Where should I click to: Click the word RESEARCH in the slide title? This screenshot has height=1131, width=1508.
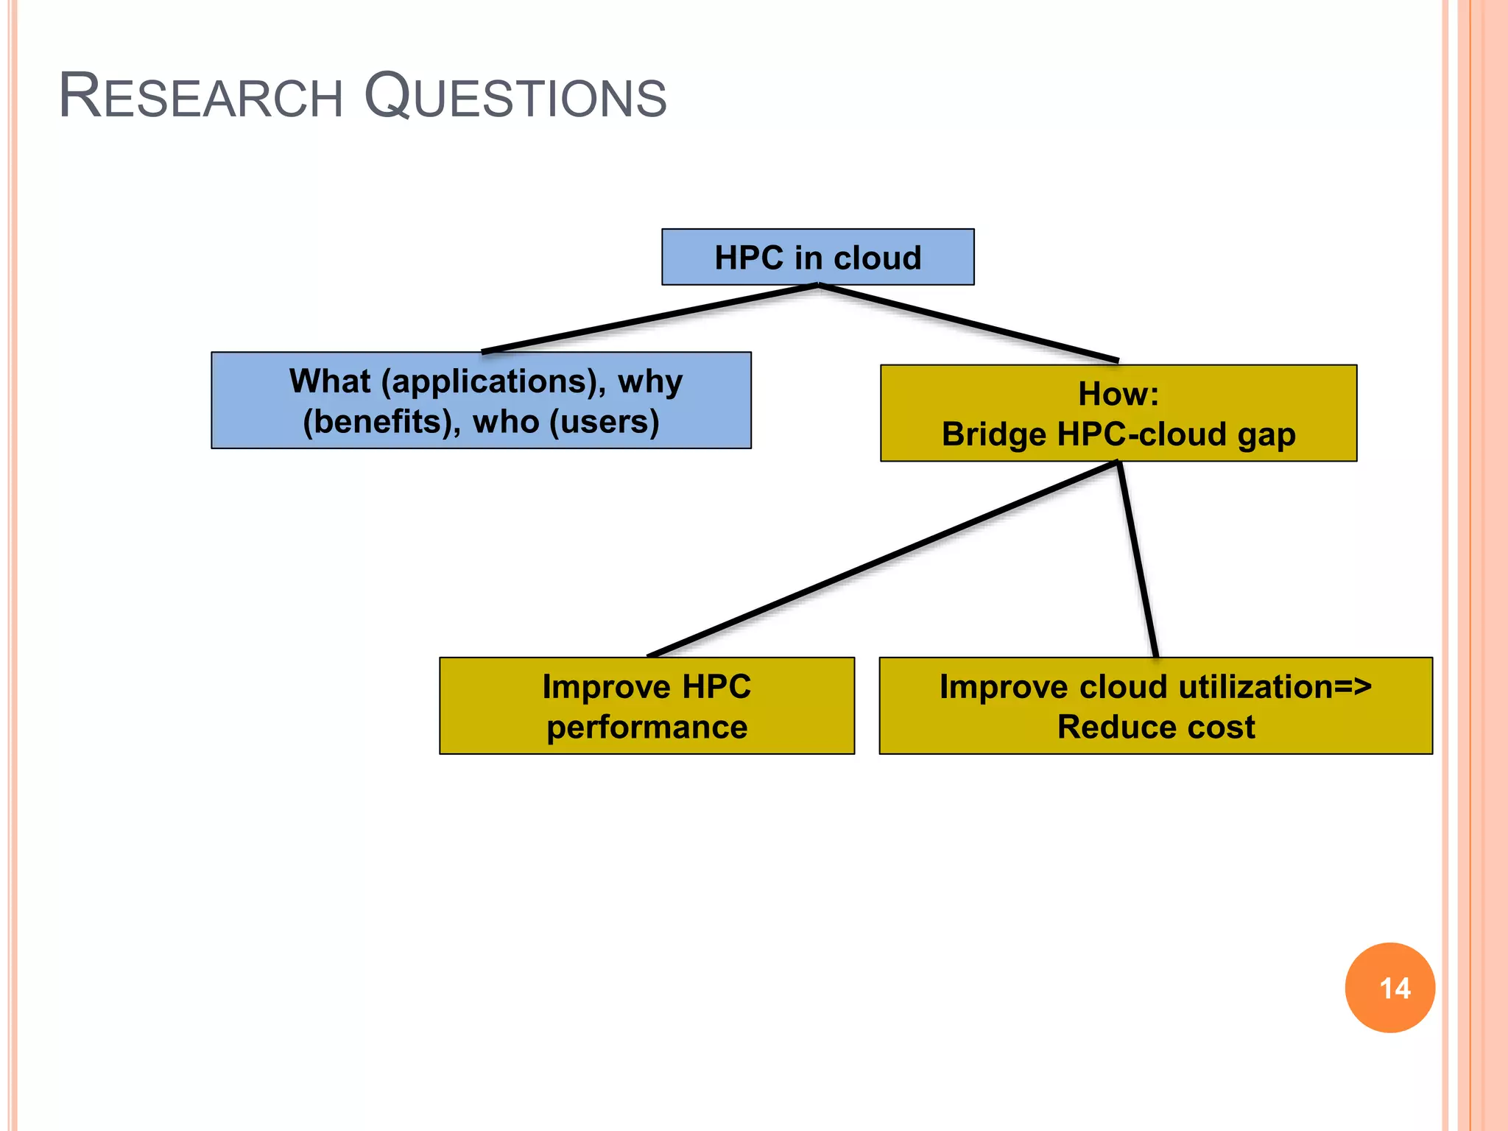coord(200,96)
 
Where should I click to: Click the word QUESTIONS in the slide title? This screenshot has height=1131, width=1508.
coord(515,96)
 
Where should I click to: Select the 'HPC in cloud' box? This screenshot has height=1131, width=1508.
coord(817,257)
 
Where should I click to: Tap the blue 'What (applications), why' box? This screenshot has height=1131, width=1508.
coord(481,401)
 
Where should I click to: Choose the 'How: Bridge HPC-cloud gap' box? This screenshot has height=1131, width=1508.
coord(1118,413)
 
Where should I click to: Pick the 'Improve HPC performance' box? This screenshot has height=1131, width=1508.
coord(646,705)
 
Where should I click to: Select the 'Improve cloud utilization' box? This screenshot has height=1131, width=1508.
coord(1155,705)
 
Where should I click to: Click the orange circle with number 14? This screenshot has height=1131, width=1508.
coord(1389,987)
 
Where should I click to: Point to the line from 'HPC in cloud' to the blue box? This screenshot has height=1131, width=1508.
coord(648,319)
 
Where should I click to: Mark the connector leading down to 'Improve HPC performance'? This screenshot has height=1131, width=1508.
coord(884,558)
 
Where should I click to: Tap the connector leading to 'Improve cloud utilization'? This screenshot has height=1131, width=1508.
coord(1138,560)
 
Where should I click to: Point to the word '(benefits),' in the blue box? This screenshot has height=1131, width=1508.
coord(381,422)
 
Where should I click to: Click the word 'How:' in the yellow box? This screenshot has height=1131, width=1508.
coord(1118,394)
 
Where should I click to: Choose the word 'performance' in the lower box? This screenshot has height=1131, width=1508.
coord(646,727)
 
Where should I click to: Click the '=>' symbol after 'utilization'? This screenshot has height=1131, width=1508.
coord(1353,687)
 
